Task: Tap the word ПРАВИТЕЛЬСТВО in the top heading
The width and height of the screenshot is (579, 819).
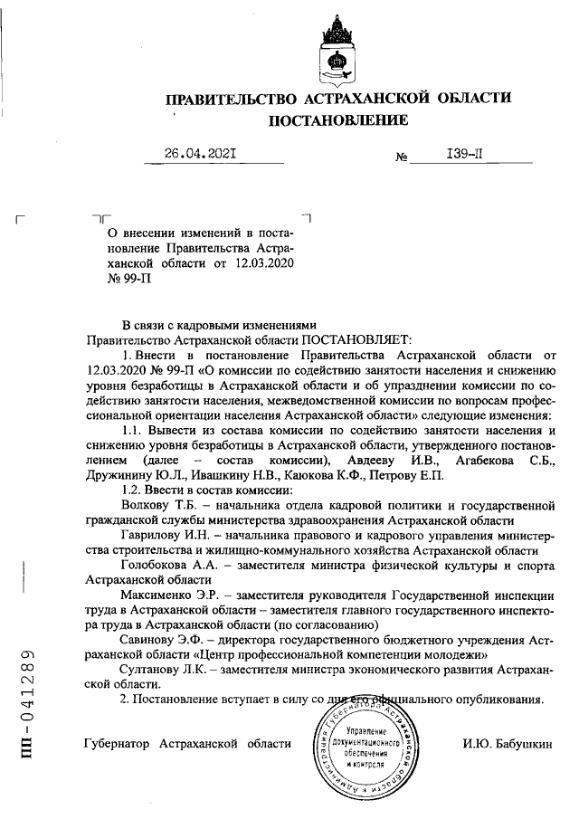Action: coord(233,97)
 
